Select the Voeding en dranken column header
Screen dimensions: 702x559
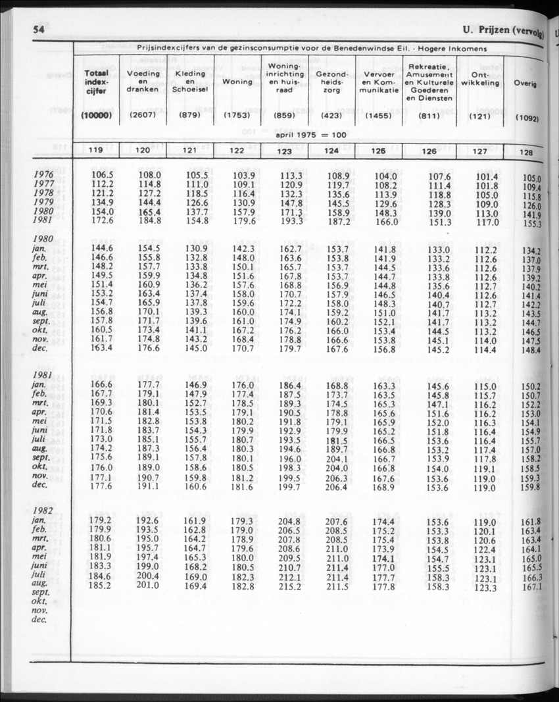(x=143, y=81)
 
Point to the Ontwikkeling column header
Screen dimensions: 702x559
(x=480, y=78)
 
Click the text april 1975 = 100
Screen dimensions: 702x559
(x=311, y=134)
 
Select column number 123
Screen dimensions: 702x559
(x=284, y=151)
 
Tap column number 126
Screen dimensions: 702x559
(x=429, y=151)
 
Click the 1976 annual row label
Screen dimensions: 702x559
(x=46, y=174)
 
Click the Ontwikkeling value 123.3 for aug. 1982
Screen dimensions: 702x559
(x=485, y=587)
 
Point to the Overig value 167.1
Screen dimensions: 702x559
(x=532, y=587)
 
